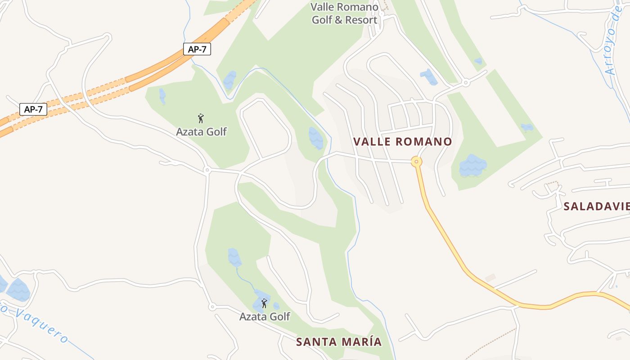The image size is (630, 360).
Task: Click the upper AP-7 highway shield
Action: (x=197, y=49)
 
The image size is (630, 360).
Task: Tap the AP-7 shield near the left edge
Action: (x=33, y=109)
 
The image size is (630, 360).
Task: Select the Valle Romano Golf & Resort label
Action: (x=345, y=13)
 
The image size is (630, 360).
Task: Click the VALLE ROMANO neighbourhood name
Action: (x=402, y=142)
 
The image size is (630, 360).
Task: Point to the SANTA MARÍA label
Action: (x=339, y=342)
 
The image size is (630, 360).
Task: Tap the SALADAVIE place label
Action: (x=596, y=206)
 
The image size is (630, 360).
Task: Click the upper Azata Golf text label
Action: (x=201, y=132)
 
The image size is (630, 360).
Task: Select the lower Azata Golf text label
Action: (x=265, y=316)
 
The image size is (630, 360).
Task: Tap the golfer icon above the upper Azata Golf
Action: (x=201, y=118)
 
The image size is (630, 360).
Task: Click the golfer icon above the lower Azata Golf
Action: (x=264, y=303)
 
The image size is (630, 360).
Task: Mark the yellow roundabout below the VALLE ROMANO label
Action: (x=417, y=161)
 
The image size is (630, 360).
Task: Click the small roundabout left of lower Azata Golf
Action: (x=212, y=307)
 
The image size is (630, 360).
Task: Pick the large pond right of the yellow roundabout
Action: (x=472, y=166)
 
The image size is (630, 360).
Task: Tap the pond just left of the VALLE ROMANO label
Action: (x=316, y=138)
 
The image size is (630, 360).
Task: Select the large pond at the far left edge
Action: (x=18, y=290)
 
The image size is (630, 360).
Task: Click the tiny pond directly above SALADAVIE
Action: (x=527, y=128)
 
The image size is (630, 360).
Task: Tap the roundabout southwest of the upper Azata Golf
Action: (x=207, y=170)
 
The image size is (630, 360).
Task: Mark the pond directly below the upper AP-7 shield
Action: (x=229, y=80)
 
